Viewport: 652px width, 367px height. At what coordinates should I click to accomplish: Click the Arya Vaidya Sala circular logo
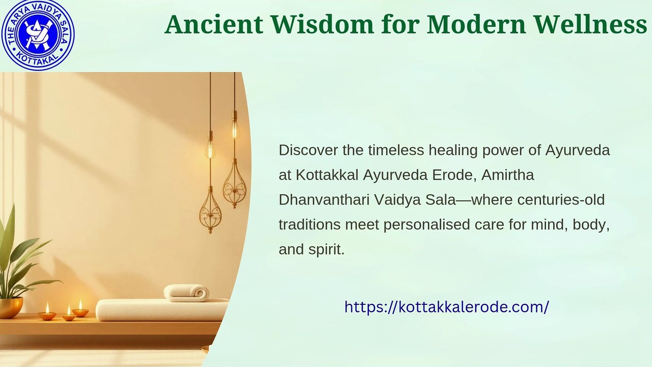click(x=38, y=35)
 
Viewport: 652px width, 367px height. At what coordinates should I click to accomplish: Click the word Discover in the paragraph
click(x=308, y=150)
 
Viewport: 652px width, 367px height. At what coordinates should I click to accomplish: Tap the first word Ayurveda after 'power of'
click(x=578, y=151)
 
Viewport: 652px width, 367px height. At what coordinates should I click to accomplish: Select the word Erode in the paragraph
click(x=454, y=175)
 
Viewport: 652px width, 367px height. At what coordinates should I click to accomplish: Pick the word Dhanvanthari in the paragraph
click(x=324, y=200)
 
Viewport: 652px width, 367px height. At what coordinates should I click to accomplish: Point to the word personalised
click(x=427, y=225)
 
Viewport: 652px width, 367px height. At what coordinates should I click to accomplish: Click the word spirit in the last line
click(x=327, y=250)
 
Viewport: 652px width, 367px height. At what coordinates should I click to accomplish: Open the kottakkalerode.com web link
click(x=447, y=307)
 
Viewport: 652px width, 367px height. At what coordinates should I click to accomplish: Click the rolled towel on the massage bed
click(x=186, y=293)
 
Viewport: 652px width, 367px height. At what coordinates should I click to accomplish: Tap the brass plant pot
click(x=11, y=307)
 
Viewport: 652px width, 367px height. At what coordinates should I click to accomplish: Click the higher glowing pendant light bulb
click(x=235, y=129)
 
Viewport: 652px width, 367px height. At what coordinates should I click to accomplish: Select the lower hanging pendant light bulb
click(x=210, y=149)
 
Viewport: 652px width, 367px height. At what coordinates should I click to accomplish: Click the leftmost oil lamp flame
click(x=47, y=308)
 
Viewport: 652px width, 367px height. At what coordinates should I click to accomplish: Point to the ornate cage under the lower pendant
click(x=210, y=209)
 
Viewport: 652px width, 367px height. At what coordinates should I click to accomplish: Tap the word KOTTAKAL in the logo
click(x=38, y=61)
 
